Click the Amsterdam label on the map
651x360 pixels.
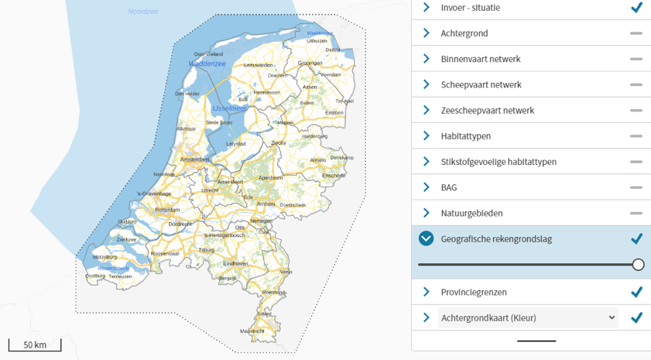194,159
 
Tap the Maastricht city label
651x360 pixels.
252,331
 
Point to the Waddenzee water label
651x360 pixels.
207,64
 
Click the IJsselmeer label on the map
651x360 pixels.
229,109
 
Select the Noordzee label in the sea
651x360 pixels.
143,12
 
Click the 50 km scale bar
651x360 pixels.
35,345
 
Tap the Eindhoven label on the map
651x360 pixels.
235,263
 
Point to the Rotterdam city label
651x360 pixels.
167,210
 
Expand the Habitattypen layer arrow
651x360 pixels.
426,136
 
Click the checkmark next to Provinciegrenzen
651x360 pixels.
636,292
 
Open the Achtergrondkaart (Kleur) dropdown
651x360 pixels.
528,317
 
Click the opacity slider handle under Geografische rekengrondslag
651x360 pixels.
638,265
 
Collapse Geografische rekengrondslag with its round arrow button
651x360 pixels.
426,238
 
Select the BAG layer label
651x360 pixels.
449,187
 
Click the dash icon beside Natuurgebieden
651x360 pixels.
636,213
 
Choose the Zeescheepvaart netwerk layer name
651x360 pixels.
487,110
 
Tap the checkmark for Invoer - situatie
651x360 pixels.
636,8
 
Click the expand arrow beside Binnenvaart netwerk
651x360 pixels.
426,59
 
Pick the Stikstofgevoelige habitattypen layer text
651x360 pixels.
499,162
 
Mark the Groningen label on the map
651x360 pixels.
310,63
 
